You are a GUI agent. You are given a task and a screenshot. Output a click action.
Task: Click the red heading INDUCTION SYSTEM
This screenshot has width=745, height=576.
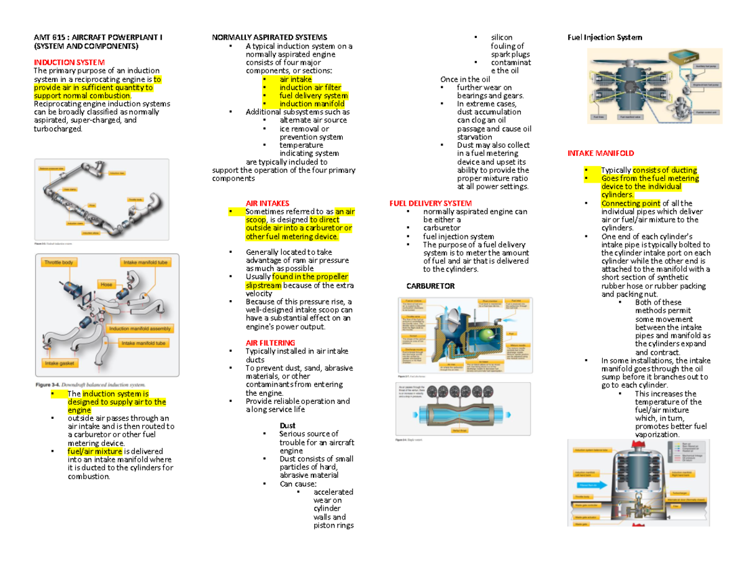click(x=69, y=63)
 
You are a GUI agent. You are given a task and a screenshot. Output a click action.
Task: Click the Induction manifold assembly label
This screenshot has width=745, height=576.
click(x=137, y=329)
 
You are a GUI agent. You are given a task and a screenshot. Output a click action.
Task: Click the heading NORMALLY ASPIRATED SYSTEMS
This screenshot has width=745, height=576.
click(x=269, y=38)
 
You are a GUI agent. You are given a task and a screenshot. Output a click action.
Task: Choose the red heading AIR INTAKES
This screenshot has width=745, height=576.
click(x=267, y=203)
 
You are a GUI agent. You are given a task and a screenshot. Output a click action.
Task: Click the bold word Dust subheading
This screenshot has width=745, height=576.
click(x=287, y=426)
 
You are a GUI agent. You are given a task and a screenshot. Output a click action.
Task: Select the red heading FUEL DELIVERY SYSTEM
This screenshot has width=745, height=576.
click(x=430, y=203)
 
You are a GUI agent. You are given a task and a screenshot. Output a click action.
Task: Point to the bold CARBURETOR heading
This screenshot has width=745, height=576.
click(x=430, y=286)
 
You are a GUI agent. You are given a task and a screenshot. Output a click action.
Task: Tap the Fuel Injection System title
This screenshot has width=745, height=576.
click(x=605, y=38)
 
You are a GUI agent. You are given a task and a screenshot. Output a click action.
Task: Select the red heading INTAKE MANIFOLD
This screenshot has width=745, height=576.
click(x=601, y=153)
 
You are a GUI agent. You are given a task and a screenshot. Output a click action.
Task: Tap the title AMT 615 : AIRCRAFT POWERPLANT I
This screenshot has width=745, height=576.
click(x=98, y=38)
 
